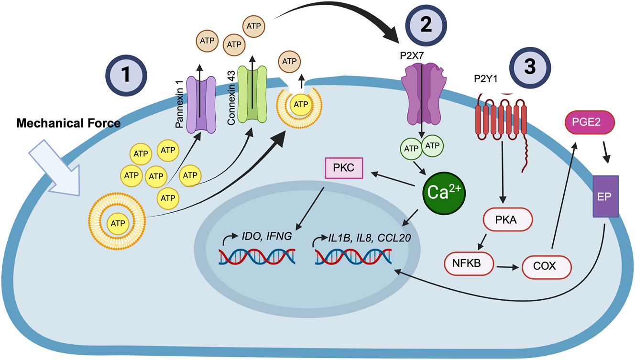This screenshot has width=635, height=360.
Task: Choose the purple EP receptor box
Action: [x=605, y=196]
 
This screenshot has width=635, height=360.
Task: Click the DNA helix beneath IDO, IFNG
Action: [x=257, y=256]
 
